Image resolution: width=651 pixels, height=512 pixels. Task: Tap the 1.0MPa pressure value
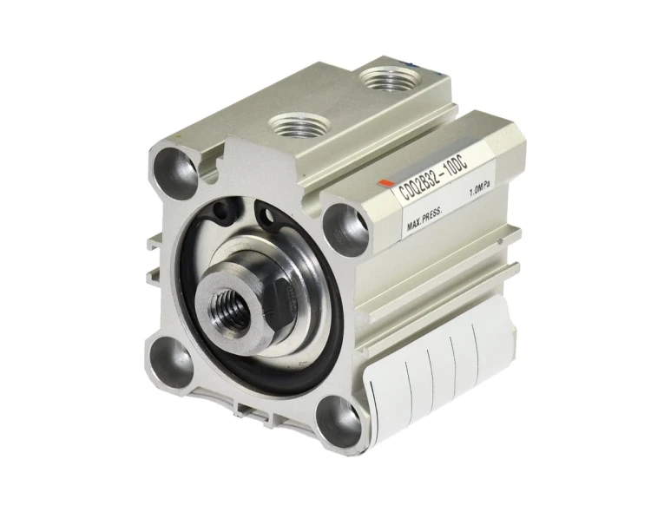(479, 190)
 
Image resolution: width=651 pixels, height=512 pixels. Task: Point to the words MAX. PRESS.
(424, 219)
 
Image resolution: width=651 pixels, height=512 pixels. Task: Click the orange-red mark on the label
(385, 185)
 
